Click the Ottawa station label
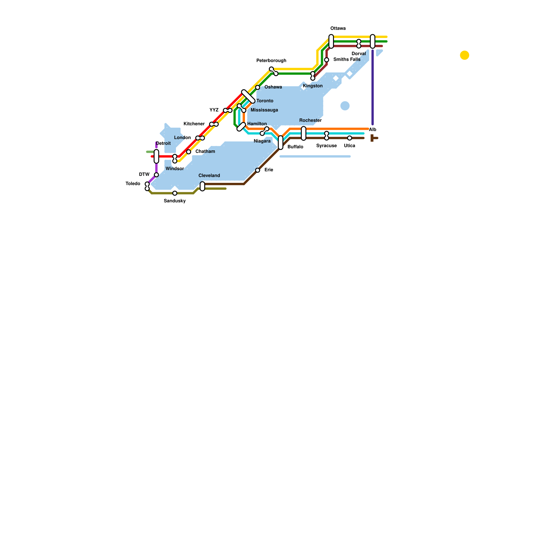pyautogui.click(x=338, y=28)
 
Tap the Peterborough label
pyautogui.click(x=271, y=61)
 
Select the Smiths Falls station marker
pyautogui.click(x=326, y=60)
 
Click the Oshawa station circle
pyautogui.click(x=257, y=87)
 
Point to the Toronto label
pyautogui.click(x=265, y=101)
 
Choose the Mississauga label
pyautogui.click(x=264, y=110)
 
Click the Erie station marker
pyautogui.click(x=257, y=170)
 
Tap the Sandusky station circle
pyautogui.click(x=175, y=193)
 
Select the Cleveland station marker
pyautogui.click(x=202, y=186)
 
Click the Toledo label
pyautogui.click(x=133, y=184)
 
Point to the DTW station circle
pyautogui.click(x=156, y=175)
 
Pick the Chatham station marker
pyautogui.click(x=188, y=152)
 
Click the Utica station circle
pyautogui.click(x=349, y=138)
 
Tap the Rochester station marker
pyautogui.click(x=304, y=133)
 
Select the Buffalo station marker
pyautogui.click(x=280, y=142)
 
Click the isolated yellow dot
pyautogui.click(x=464, y=55)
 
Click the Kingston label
pyautogui.click(x=313, y=86)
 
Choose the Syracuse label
pyautogui.click(x=326, y=146)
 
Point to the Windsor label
pyautogui.click(x=175, y=169)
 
